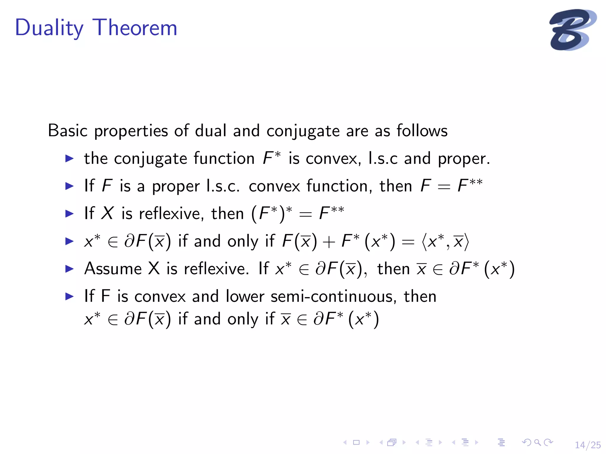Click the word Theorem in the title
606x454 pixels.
tap(135, 28)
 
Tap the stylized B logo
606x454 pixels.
tap(572, 30)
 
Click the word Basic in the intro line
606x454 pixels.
tap(67, 131)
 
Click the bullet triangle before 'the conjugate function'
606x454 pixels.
tap(69, 158)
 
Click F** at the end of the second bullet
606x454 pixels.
tap(470, 186)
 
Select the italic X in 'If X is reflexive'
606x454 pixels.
tap(107, 213)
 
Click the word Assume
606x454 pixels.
tap(113, 269)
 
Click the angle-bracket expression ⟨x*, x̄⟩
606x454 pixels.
tap(445, 241)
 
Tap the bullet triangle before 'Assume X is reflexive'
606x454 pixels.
tap(69, 269)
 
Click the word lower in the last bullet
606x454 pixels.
tap(245, 296)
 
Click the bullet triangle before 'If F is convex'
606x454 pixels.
tap(69, 296)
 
